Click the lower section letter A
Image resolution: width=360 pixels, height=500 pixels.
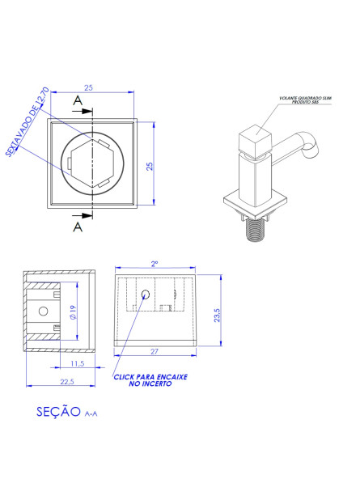pyautogui.click(x=78, y=227)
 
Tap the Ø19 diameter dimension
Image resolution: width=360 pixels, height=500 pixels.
pyautogui.click(x=73, y=312)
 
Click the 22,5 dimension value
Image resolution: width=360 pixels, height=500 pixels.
pyautogui.click(x=66, y=380)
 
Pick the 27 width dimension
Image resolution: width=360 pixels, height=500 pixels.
pyautogui.click(x=154, y=352)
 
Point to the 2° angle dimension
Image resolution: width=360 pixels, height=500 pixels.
pyautogui.click(x=154, y=263)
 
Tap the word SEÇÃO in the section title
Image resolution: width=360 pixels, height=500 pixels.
pyautogui.click(x=58, y=411)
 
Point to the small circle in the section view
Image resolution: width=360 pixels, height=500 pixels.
pyautogui.click(x=145, y=294)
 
